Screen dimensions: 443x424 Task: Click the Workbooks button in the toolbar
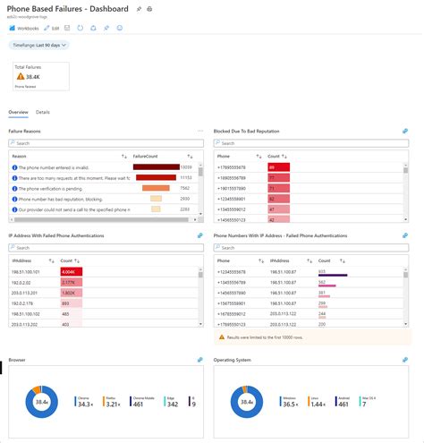25,28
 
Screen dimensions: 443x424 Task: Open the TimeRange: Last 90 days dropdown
38,44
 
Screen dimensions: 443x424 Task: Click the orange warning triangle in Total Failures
21,77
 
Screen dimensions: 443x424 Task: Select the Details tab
43,112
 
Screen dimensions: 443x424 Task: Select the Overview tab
18,112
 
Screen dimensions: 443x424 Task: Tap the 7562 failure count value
184,188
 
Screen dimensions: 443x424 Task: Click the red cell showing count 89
278,166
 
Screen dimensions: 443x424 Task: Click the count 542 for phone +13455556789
323,280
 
